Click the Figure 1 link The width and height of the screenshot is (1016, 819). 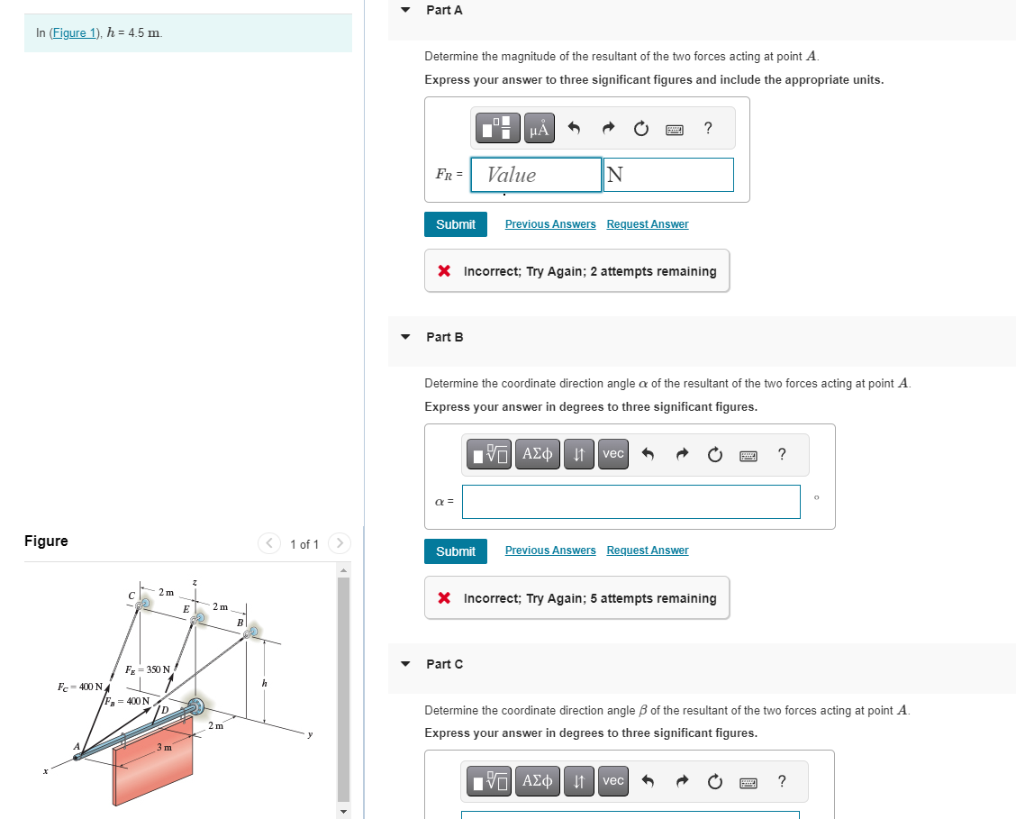(x=75, y=33)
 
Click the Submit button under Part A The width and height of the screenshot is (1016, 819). (x=456, y=224)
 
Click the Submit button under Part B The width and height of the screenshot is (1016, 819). (x=456, y=551)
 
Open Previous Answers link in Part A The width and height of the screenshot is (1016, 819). (x=550, y=224)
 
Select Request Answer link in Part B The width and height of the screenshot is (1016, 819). (x=648, y=551)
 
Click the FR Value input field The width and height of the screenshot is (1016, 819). (x=536, y=175)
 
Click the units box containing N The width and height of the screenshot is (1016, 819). (x=668, y=175)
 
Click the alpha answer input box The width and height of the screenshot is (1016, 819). (x=631, y=502)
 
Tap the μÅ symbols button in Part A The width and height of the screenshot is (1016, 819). (x=540, y=128)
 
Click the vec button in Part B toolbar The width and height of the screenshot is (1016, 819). (x=613, y=453)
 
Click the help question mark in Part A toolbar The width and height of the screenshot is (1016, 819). (x=708, y=128)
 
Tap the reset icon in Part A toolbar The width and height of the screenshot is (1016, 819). (x=640, y=128)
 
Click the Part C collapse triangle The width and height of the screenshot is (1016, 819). (x=405, y=663)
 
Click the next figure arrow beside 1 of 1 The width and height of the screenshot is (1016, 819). (x=340, y=543)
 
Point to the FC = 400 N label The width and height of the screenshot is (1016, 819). (x=79, y=687)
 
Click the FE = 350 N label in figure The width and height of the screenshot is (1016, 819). (x=148, y=669)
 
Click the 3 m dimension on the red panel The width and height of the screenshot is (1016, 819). (x=165, y=747)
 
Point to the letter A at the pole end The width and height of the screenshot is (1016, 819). (x=77, y=746)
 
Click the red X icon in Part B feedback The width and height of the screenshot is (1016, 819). (x=444, y=597)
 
